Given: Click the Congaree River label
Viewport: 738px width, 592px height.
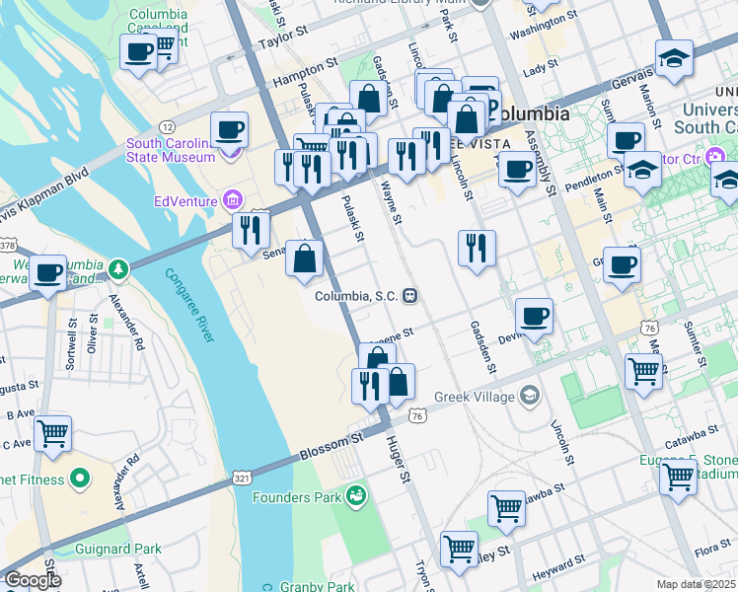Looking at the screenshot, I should click(x=189, y=306).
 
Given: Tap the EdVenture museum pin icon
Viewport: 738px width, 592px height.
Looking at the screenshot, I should click(x=233, y=201).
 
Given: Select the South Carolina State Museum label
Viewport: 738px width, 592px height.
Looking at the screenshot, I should click(x=171, y=150).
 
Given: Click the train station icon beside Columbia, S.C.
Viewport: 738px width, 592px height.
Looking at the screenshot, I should click(x=418, y=296).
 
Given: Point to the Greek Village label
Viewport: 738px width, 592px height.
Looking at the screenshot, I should click(x=477, y=398).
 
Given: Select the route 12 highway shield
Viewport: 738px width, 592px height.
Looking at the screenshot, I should click(x=169, y=126).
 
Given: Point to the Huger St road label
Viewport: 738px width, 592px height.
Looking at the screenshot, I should click(x=398, y=460).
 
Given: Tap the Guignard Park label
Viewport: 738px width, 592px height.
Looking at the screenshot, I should click(x=119, y=549).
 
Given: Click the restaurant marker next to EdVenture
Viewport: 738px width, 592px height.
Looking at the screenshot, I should click(x=251, y=231).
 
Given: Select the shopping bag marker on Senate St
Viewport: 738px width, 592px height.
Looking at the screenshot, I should click(x=305, y=259).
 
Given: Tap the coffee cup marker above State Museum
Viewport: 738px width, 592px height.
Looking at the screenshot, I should click(x=229, y=129).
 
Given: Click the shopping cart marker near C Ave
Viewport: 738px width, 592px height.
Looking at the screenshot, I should click(x=52, y=432).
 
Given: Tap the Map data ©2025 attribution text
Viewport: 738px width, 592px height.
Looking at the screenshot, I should click(x=696, y=584).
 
